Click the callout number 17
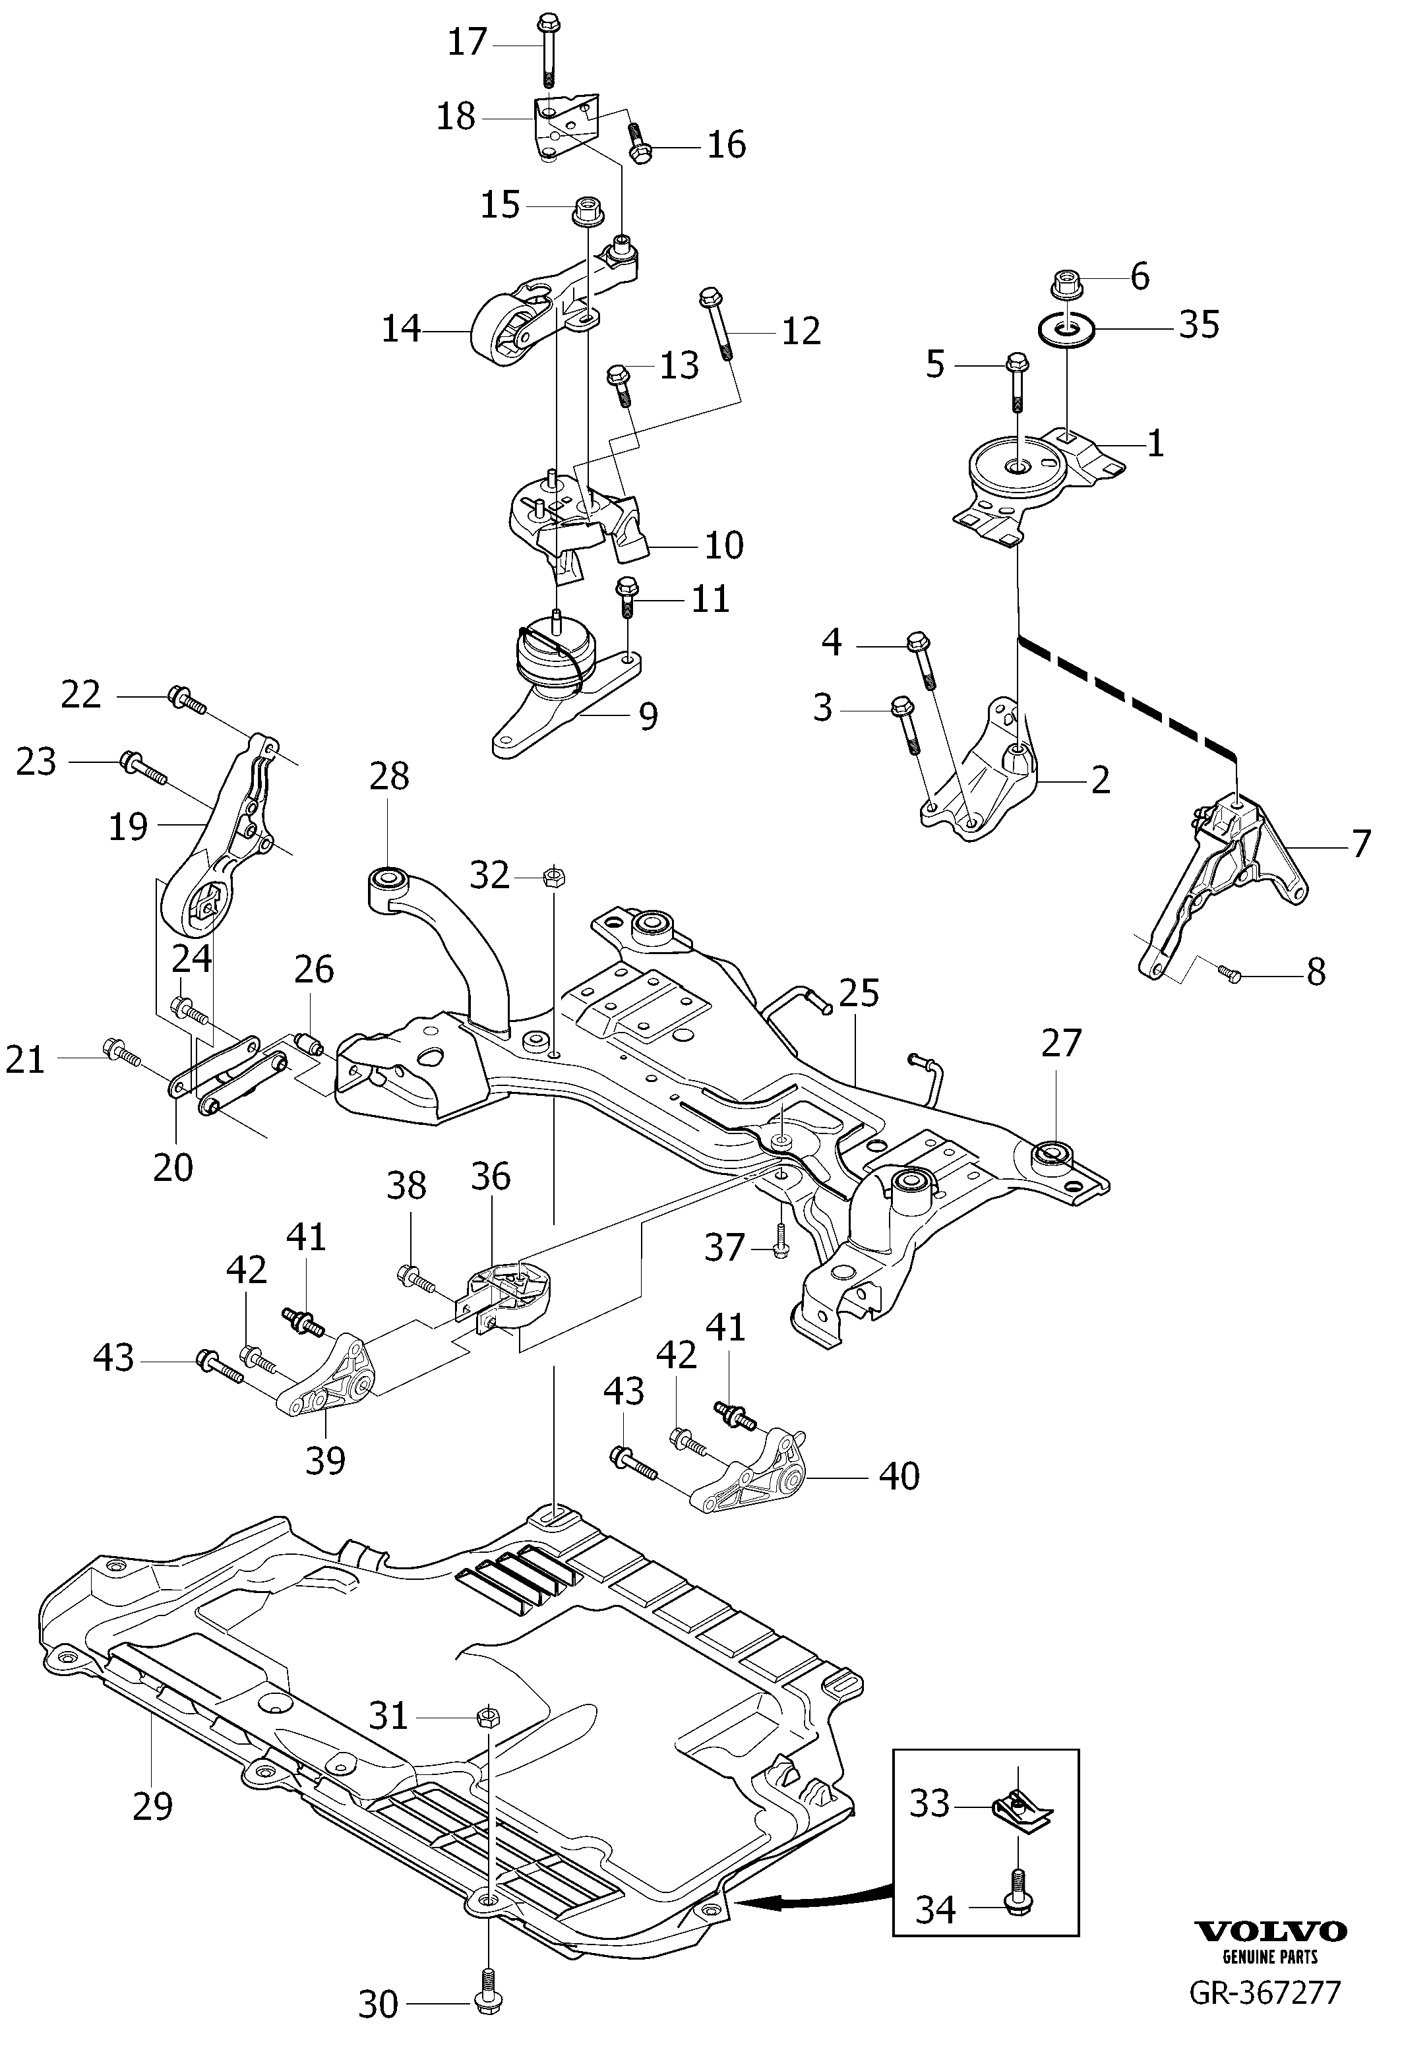tap(467, 42)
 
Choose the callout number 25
tap(859, 993)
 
